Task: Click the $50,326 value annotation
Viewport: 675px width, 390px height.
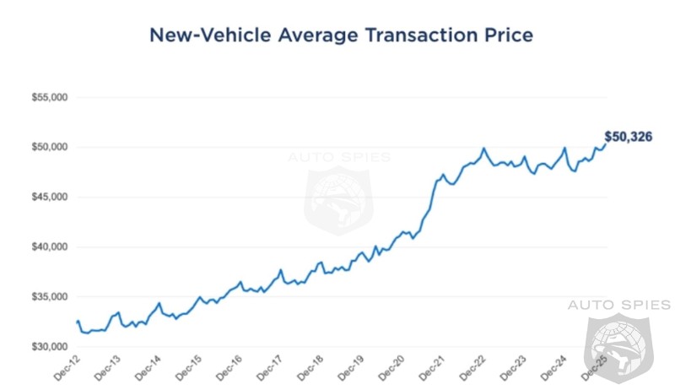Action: tap(630, 136)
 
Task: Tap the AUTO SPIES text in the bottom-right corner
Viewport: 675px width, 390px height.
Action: tap(618, 304)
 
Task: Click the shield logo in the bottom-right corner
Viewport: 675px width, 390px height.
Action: tap(618, 348)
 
